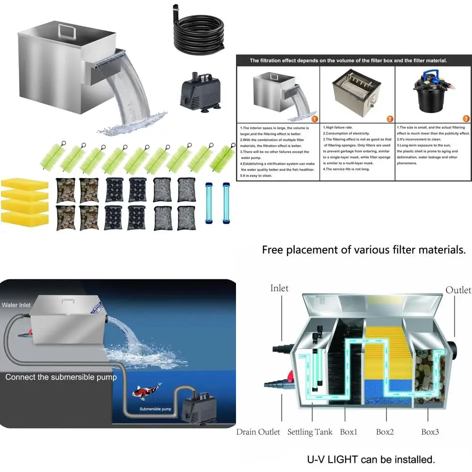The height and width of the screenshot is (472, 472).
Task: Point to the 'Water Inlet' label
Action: click(x=16, y=305)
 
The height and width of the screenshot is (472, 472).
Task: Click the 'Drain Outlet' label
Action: click(x=258, y=432)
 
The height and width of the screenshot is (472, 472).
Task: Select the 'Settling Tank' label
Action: click(x=310, y=432)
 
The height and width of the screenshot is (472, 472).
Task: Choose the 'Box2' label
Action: click(x=385, y=432)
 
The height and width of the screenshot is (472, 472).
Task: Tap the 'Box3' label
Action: click(x=431, y=432)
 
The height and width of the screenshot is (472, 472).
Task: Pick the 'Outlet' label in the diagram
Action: click(x=458, y=290)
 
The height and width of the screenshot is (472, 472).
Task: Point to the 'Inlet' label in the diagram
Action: click(x=279, y=288)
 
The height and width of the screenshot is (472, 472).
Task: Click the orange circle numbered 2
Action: click(x=390, y=118)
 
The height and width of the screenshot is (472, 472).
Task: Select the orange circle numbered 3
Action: click(x=466, y=118)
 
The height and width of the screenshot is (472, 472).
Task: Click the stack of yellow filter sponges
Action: click(x=25, y=201)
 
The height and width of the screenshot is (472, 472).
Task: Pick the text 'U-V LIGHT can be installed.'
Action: click(x=371, y=459)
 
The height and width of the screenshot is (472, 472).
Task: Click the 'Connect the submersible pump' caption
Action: click(x=61, y=377)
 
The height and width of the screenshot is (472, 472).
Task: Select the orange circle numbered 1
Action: click(x=314, y=118)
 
